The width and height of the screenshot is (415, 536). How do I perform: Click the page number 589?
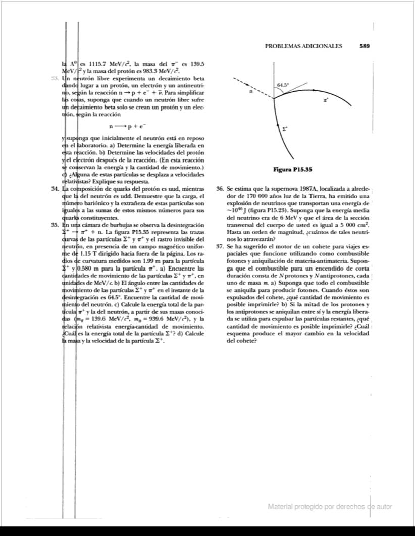[365, 46]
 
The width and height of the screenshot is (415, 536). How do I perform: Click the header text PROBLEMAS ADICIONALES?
[303, 46]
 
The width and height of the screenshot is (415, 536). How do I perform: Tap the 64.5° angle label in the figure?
[283, 85]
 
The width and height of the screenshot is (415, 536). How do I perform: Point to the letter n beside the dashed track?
[250, 92]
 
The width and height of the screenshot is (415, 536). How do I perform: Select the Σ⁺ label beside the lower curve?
[285, 129]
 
